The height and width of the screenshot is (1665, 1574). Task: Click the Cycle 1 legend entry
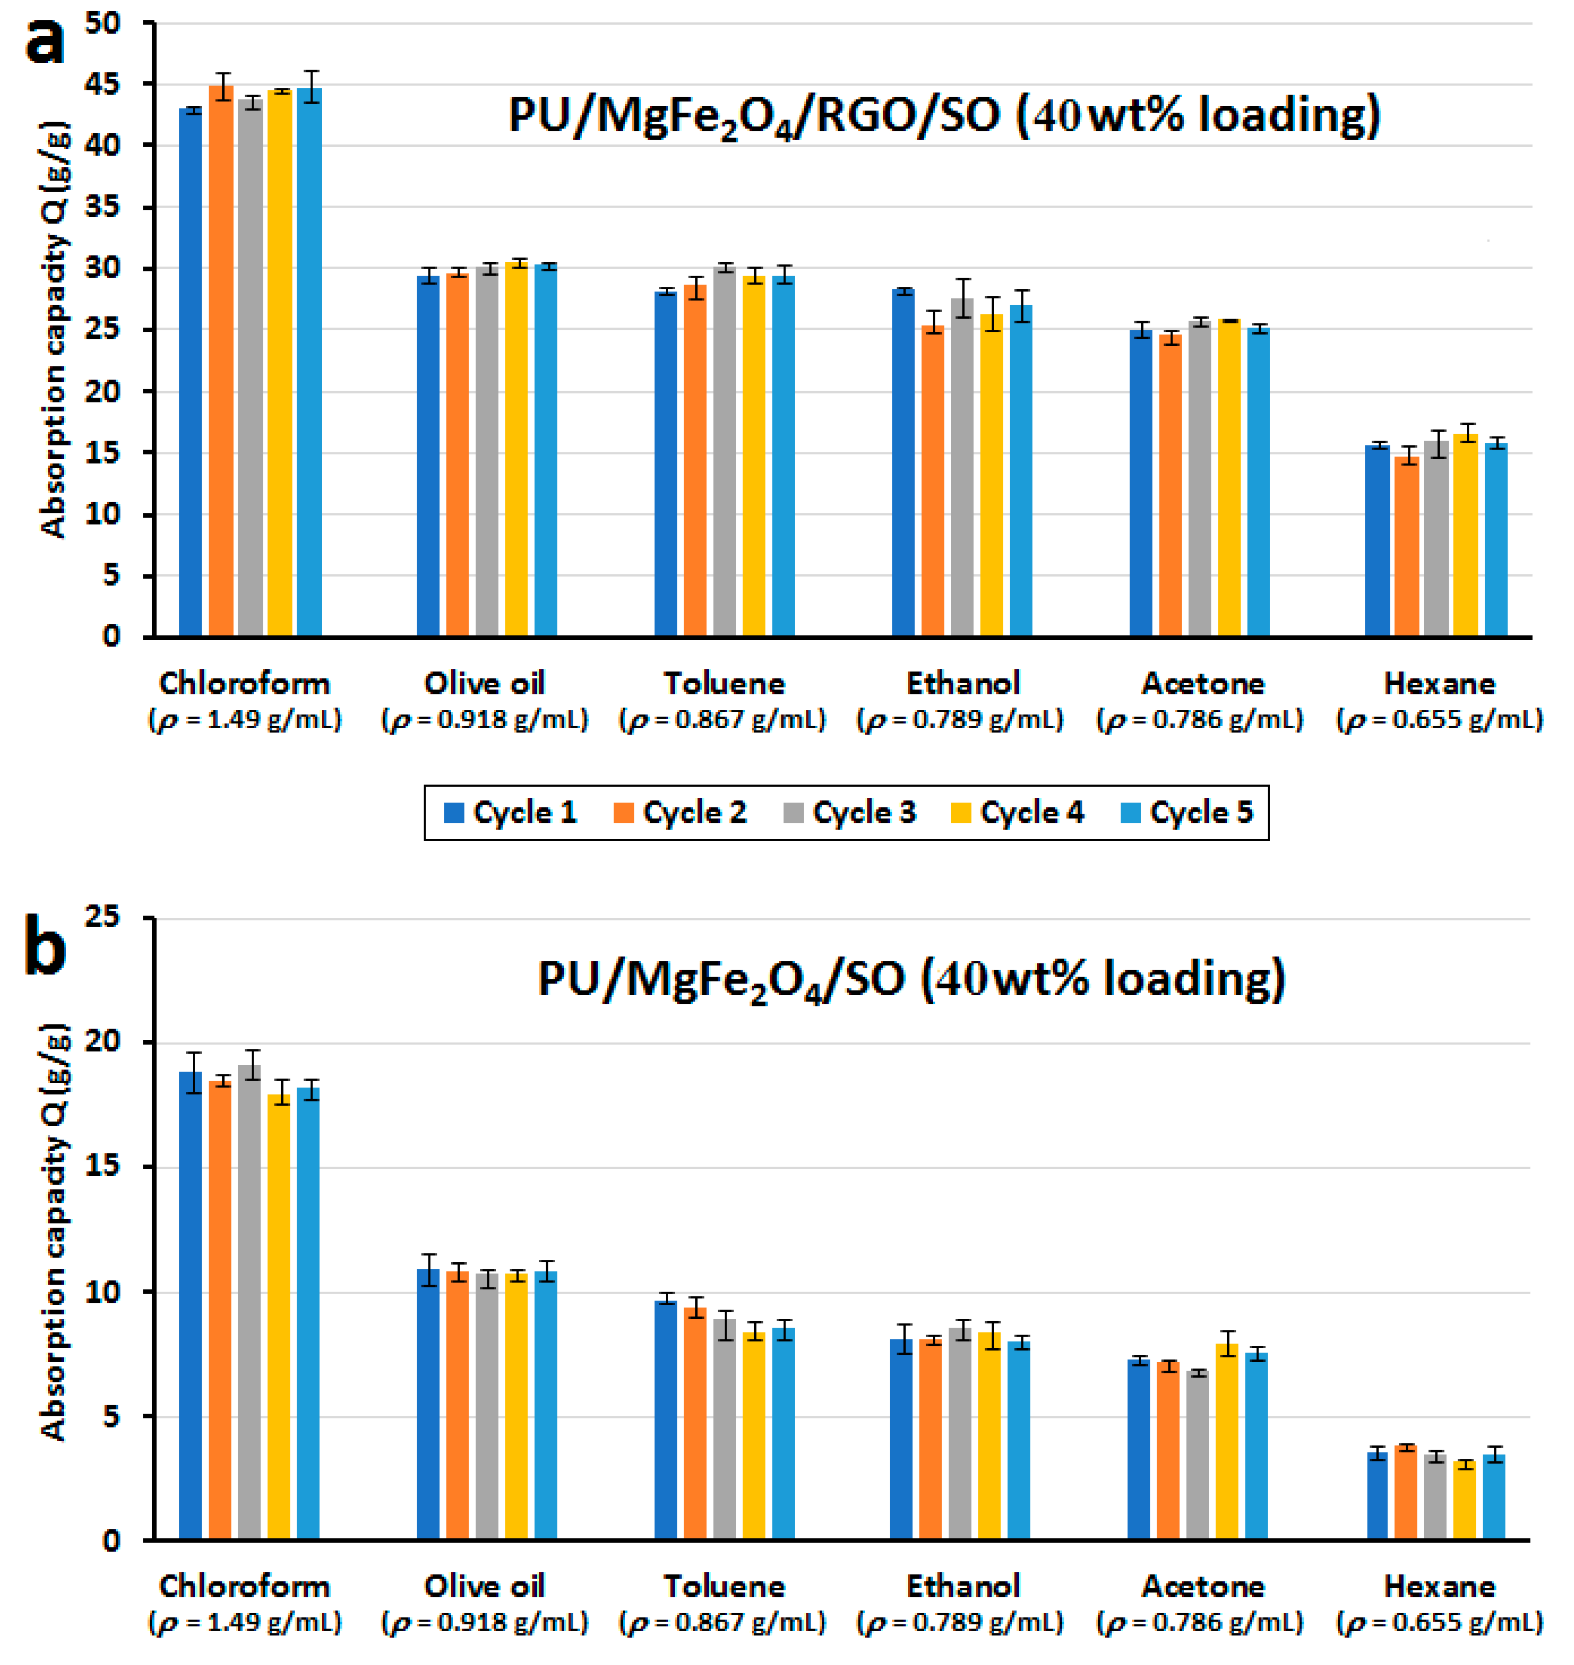pyautogui.click(x=510, y=812)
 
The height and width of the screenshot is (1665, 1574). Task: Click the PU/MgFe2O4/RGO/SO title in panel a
pyautogui.click(x=944, y=116)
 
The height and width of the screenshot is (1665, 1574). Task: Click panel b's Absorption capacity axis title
pyautogui.click(x=53, y=1233)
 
